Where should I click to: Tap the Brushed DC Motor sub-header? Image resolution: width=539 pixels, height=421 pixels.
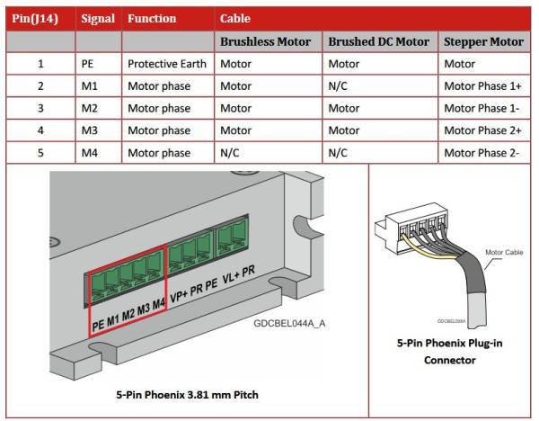[378, 41]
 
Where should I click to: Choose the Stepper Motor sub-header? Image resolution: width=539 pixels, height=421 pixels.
[483, 41]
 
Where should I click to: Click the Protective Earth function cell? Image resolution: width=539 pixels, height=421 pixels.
[166, 64]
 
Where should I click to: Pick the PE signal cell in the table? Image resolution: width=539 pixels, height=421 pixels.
[88, 64]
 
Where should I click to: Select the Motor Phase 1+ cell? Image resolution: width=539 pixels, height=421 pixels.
[482, 86]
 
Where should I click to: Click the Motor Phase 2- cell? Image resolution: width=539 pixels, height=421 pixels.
[482, 153]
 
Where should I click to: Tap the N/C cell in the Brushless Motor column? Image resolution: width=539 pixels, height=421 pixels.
[231, 153]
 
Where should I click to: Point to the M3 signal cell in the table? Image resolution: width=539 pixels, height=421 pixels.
[89, 130]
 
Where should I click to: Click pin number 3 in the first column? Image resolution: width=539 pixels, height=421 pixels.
[40, 109]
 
